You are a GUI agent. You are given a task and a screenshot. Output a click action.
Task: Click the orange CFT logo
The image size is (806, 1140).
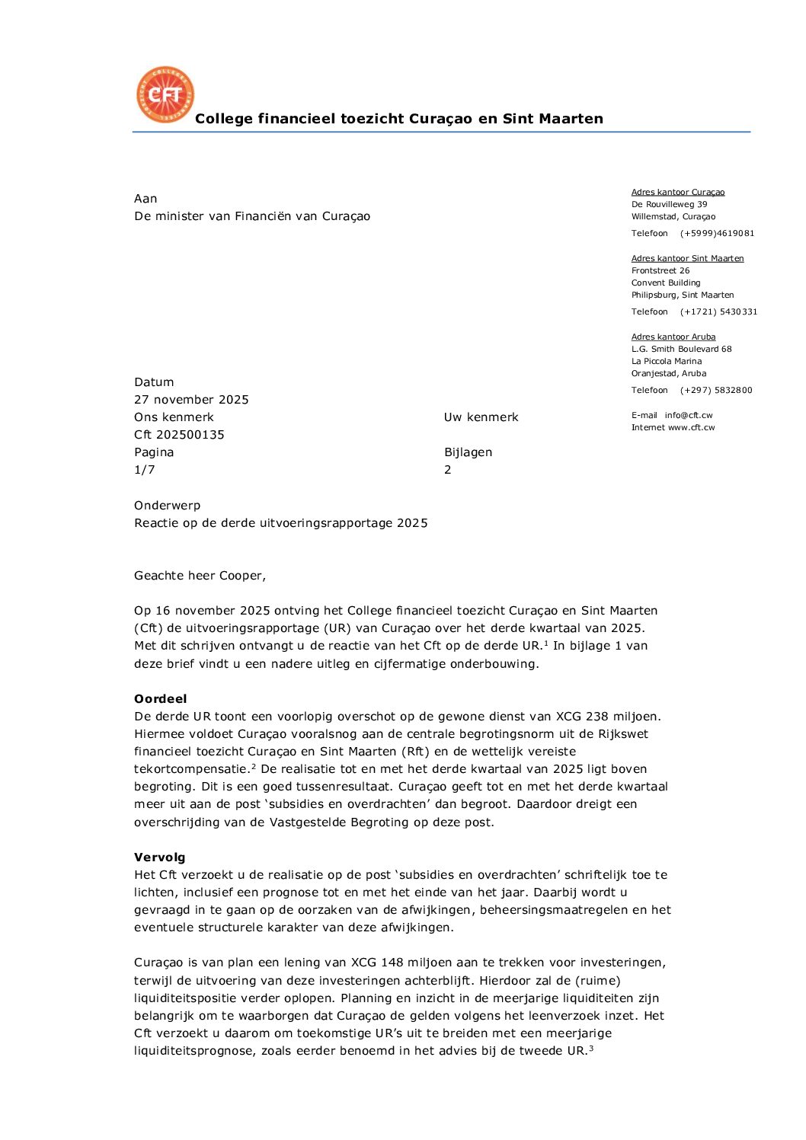tap(165, 94)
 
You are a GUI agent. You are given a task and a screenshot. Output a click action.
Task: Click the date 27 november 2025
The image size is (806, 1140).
tap(191, 400)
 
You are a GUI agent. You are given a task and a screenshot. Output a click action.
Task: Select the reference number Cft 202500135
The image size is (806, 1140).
tap(179, 435)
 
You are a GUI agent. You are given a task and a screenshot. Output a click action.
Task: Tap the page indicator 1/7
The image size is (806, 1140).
tap(145, 470)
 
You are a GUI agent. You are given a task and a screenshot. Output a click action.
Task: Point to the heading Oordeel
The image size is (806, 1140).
tap(160, 699)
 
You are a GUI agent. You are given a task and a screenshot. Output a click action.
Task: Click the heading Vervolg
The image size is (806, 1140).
tap(159, 857)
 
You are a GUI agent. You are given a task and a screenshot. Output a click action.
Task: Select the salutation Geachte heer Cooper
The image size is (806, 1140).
tap(200, 576)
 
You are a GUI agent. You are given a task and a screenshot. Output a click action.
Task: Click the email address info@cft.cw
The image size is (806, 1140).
tap(688, 416)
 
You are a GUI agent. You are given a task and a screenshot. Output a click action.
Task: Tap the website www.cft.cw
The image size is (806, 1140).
tap(691, 428)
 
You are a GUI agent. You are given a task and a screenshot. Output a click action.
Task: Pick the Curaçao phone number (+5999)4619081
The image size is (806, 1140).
tap(717, 234)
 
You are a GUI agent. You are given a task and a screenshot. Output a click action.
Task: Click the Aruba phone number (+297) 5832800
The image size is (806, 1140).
tap(716, 391)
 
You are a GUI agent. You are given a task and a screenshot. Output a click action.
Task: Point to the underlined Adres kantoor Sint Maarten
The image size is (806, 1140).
tap(687, 259)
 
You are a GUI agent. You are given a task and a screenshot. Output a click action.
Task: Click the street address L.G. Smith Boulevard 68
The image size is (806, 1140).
tap(681, 350)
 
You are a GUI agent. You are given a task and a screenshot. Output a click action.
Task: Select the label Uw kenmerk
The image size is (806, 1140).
tap(481, 417)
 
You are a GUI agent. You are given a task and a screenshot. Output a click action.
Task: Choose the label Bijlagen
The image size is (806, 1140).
tap(468, 452)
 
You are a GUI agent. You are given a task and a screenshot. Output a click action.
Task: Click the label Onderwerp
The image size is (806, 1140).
tap(167, 506)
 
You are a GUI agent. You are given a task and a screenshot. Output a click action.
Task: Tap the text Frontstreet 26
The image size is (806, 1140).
tap(660, 271)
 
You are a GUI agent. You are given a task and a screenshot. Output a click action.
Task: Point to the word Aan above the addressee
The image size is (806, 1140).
tap(146, 199)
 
